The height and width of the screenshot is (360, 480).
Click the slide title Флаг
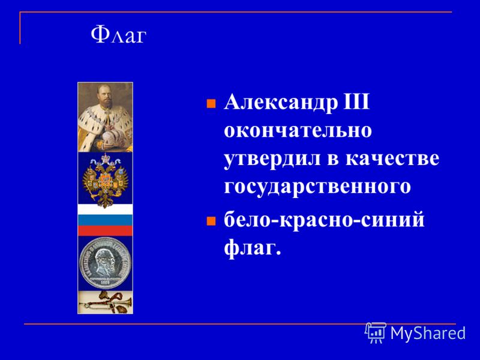click(x=118, y=35)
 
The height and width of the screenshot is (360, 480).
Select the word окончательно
click(x=298, y=130)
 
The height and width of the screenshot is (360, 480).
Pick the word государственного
click(x=317, y=187)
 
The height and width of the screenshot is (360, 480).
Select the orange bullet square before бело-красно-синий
click(x=211, y=221)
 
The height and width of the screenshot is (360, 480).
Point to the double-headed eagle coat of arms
click(x=106, y=181)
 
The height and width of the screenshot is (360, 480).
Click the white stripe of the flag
click(x=106, y=209)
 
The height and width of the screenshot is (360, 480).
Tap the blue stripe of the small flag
click(x=106, y=220)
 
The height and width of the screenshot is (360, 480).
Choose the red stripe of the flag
click(x=106, y=230)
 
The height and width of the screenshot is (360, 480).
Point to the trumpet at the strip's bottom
click(x=106, y=303)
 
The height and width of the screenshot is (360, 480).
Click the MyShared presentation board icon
click(x=376, y=332)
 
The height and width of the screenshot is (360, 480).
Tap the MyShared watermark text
click(x=428, y=333)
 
